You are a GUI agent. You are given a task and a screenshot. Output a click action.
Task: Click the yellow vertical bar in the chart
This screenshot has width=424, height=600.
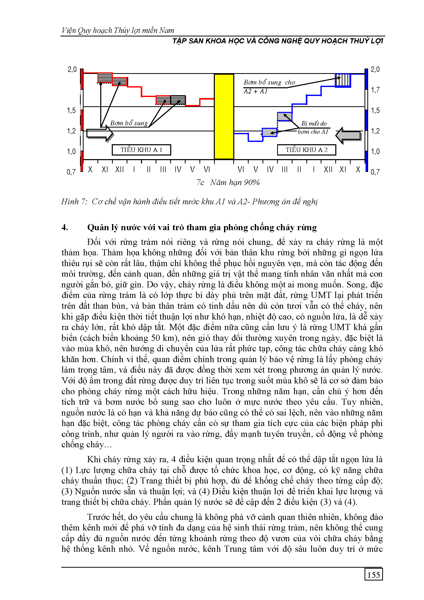[224, 117]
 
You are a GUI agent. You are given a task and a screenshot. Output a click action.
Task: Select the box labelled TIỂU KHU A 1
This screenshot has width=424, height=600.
[141, 150]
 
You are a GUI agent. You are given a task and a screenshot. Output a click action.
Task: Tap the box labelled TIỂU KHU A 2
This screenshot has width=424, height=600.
[306, 150]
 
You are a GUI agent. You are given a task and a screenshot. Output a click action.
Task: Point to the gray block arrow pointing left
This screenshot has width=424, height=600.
[349, 135]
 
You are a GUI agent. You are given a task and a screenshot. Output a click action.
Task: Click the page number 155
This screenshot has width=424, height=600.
[373, 575]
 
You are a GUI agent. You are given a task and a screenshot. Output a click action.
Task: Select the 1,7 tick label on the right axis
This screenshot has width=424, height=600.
[375, 90]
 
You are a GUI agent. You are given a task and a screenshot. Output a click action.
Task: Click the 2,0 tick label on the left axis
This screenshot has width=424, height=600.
[72, 70]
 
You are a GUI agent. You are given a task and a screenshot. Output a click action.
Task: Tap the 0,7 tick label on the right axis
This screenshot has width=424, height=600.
[375, 172]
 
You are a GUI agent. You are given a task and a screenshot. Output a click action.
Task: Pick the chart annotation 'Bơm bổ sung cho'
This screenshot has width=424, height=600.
[269, 83]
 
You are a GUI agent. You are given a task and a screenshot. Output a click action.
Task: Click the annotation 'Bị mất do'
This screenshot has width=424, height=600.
[314, 123]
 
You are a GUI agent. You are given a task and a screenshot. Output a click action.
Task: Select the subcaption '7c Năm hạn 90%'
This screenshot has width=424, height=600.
[228, 182]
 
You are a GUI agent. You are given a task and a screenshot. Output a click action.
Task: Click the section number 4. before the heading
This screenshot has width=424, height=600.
[65, 227]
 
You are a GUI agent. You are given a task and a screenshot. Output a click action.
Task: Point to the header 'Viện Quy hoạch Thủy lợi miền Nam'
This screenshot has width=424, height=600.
[118, 31]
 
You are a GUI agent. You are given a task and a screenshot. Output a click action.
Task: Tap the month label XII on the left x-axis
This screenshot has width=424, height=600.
[119, 170]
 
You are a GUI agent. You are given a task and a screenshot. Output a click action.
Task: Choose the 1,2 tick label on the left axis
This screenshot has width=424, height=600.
[71, 131]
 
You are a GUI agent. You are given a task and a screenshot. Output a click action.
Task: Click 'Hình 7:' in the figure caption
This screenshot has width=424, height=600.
[74, 201]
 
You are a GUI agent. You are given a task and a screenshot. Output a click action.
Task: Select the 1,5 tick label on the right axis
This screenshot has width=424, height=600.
[375, 111]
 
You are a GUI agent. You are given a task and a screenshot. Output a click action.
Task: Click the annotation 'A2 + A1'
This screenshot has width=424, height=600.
[255, 91]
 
